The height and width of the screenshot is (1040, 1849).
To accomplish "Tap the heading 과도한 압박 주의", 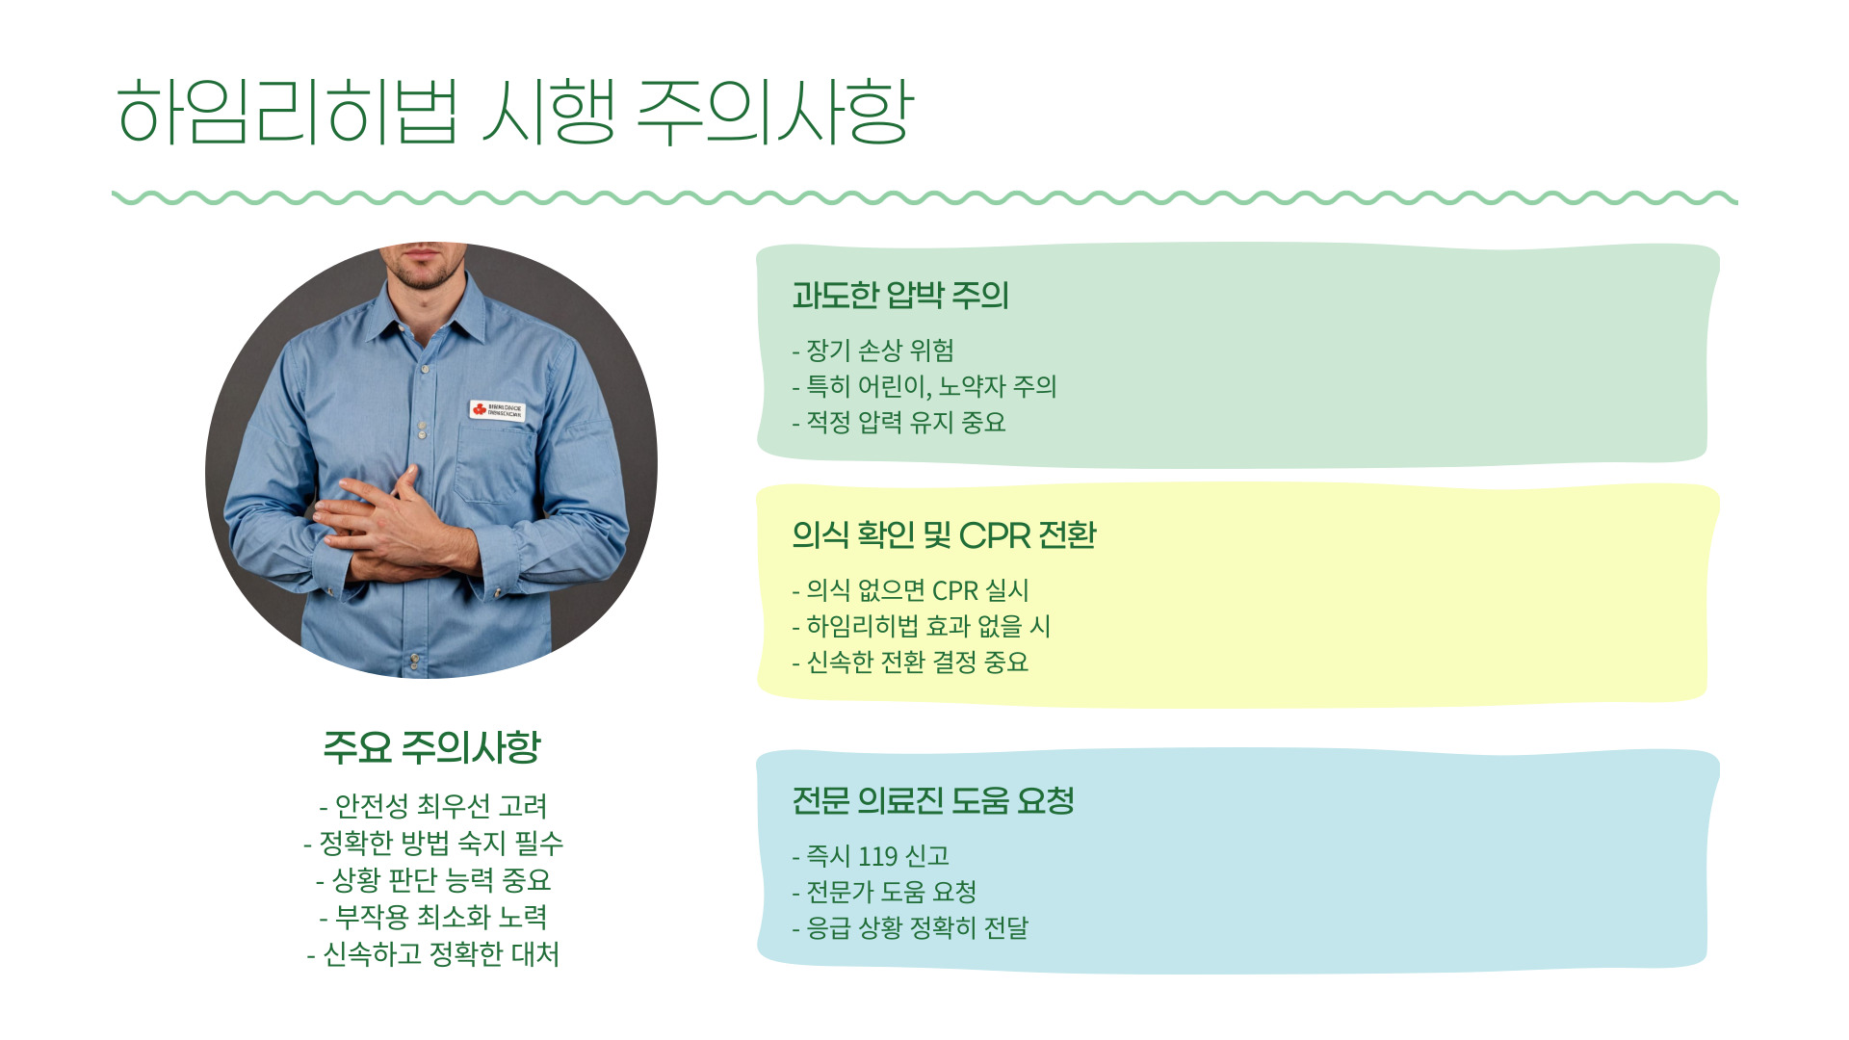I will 899,295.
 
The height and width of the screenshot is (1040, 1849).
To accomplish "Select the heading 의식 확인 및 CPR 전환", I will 943,534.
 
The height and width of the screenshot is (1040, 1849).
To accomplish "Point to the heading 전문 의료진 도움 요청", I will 932,800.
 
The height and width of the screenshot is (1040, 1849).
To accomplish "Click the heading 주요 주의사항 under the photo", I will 431,747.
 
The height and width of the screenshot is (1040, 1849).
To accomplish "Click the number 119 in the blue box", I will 877,856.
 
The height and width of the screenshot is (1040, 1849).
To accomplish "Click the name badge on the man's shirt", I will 498,410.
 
